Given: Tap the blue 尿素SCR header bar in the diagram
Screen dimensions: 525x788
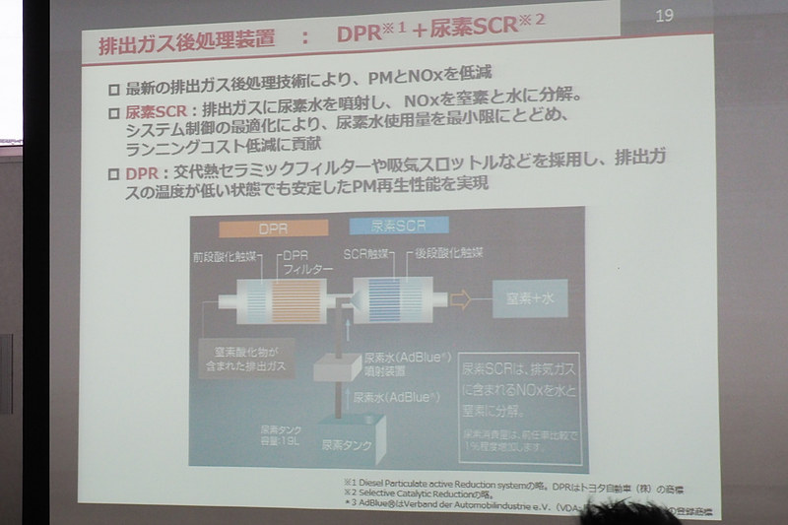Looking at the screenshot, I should pos(394,226).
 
